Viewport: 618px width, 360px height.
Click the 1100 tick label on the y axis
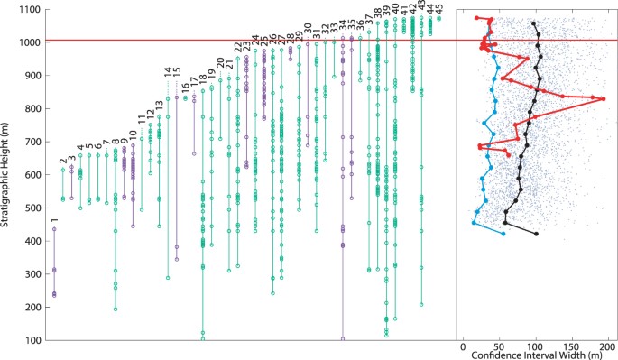point(31,9)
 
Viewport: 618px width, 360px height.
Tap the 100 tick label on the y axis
point(32,340)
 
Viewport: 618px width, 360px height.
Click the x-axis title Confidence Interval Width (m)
point(537,355)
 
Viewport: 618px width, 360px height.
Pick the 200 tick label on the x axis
point(607,346)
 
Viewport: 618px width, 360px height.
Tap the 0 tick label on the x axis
point(464,346)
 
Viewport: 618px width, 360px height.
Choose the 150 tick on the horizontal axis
point(571,346)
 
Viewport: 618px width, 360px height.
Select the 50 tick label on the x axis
point(499,346)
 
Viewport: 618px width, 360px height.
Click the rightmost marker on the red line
point(604,98)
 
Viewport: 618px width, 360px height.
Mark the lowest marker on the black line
point(537,235)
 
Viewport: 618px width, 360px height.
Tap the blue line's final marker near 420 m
point(503,235)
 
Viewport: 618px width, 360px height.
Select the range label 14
point(168,71)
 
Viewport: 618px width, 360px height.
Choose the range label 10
point(134,134)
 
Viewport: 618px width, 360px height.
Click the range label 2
point(62,161)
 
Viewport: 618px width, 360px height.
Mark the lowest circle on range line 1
point(54,295)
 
